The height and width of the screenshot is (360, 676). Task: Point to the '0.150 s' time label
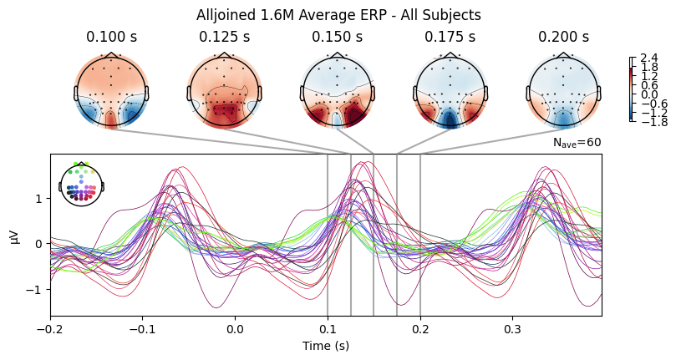[337, 38]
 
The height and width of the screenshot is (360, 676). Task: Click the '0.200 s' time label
[563, 38]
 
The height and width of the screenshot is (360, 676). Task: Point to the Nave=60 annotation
[577, 143]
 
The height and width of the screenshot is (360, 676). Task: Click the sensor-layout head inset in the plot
[81, 183]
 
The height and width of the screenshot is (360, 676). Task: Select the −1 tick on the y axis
[38, 289]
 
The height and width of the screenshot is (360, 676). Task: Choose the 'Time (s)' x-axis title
[325, 345]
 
